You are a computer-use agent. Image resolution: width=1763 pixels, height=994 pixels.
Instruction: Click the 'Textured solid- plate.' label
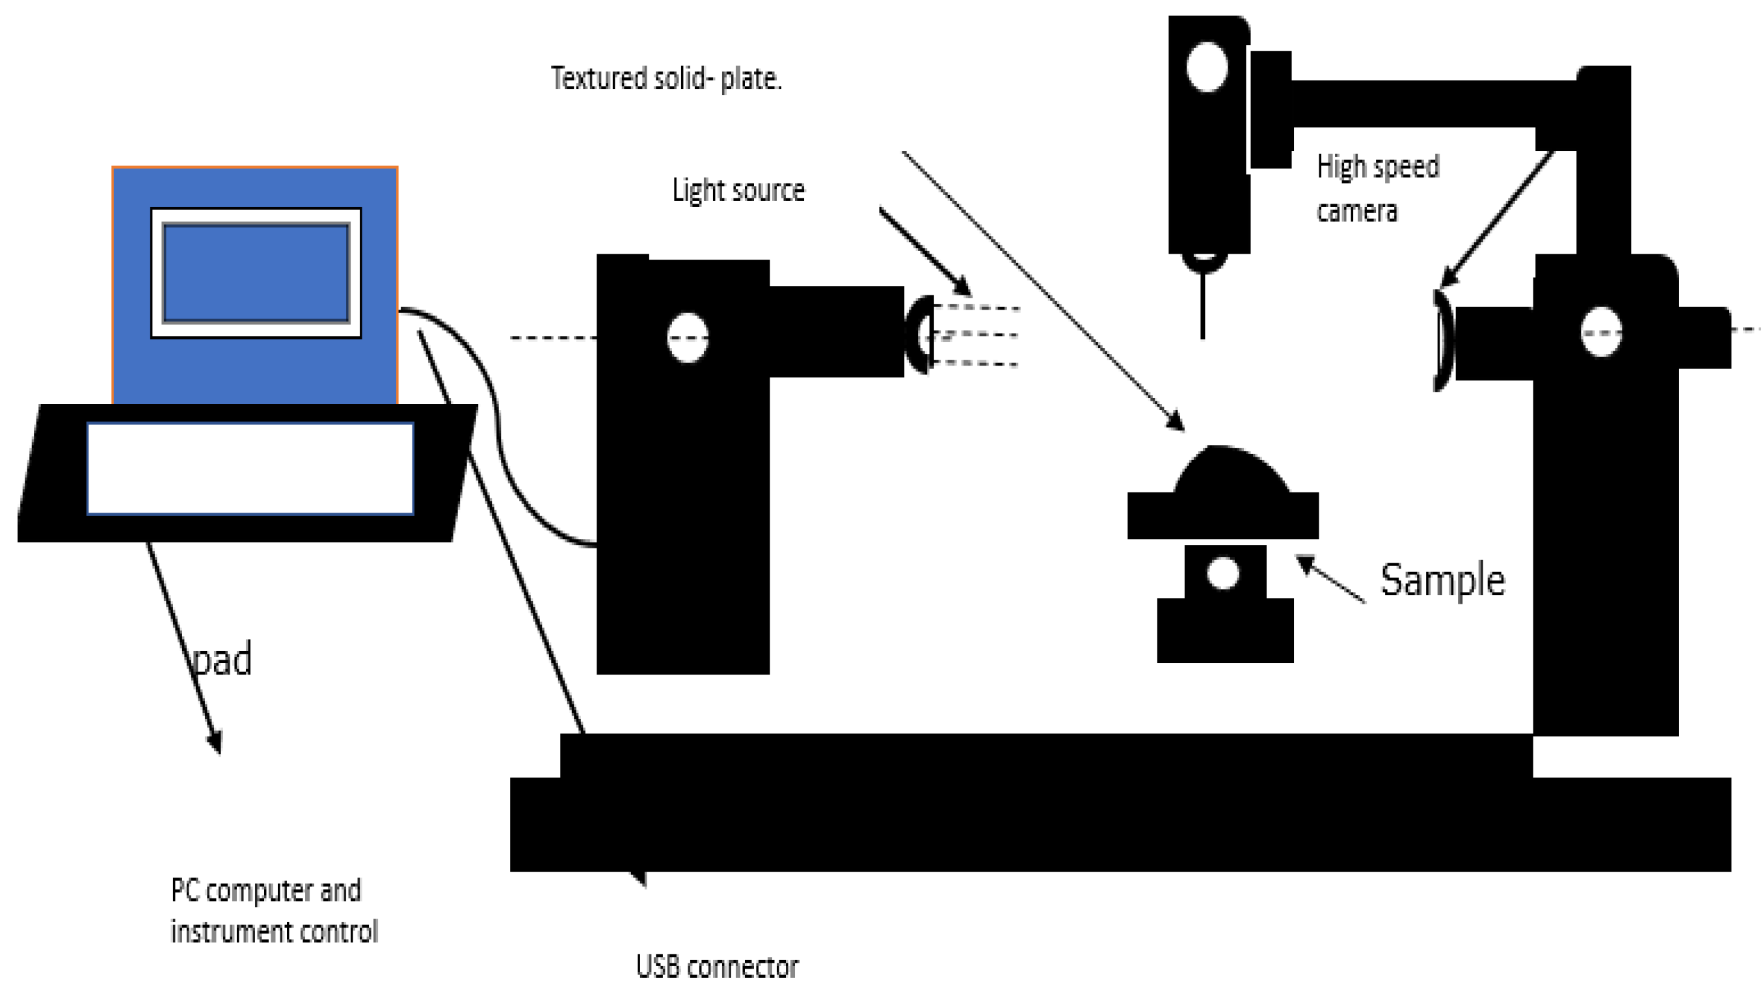pyautogui.click(x=666, y=79)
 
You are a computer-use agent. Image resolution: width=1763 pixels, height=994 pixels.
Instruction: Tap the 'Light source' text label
pyautogui.click(x=738, y=191)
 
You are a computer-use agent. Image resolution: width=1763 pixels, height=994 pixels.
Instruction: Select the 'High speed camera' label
pyautogui.click(x=1377, y=188)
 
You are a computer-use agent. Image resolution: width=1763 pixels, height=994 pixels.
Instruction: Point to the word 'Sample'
pyautogui.click(x=1442, y=580)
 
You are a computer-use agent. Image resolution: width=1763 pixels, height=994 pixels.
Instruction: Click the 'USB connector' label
pyautogui.click(x=716, y=967)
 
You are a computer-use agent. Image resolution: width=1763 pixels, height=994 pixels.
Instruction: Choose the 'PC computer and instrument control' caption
pyautogui.click(x=274, y=911)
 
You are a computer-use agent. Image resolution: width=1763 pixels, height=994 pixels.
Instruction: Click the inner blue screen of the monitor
pyautogui.click(x=256, y=273)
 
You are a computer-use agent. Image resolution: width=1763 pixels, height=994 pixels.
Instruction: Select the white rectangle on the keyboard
pyautogui.click(x=250, y=468)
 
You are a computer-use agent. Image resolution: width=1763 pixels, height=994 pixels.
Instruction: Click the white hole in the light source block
pyautogui.click(x=687, y=337)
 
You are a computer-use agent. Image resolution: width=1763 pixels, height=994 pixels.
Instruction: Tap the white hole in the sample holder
pyautogui.click(x=1222, y=572)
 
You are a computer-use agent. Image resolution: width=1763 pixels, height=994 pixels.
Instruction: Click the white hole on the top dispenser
pyautogui.click(x=1207, y=66)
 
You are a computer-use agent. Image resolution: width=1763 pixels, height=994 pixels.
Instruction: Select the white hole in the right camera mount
pyautogui.click(x=1601, y=332)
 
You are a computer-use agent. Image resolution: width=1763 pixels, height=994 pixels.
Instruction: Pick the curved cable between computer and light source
pyautogui.click(x=496, y=424)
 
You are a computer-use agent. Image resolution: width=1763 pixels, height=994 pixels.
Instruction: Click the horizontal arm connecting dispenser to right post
pyautogui.click(x=1431, y=103)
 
